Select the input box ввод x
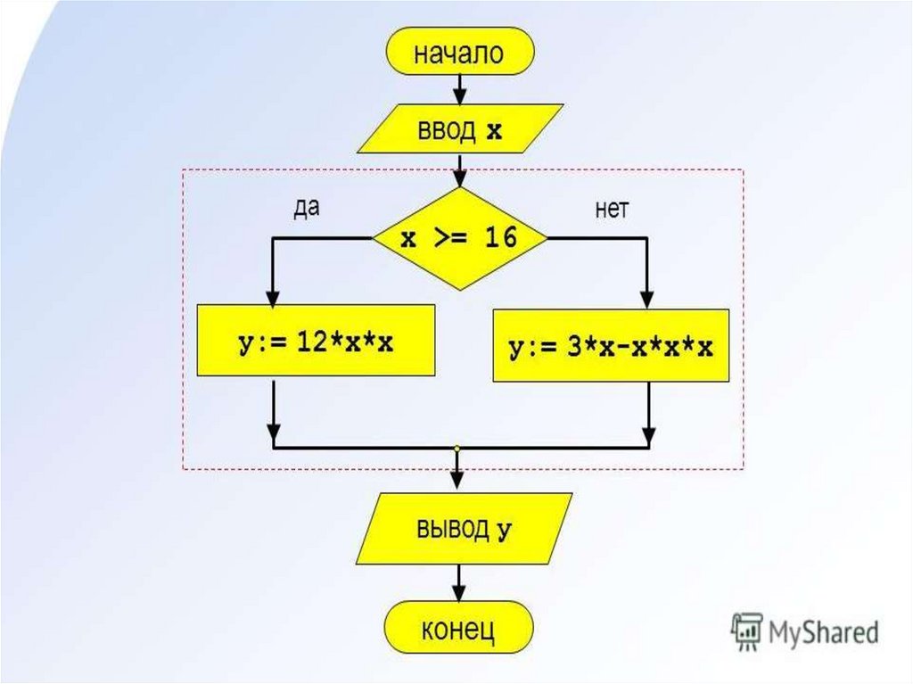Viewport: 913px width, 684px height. click(459, 130)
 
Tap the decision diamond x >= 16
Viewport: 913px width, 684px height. click(459, 239)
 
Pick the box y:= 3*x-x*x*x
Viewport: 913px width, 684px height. click(611, 347)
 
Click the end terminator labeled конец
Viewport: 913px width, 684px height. click(459, 630)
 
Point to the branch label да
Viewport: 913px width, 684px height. click(306, 208)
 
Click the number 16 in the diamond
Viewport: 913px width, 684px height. click(501, 239)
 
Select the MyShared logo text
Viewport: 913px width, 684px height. click(824, 631)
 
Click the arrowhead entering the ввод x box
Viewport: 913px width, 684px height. click(459, 96)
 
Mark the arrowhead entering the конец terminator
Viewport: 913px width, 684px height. click(459, 594)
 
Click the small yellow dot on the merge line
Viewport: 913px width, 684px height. click(456, 448)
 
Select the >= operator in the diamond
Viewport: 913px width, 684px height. click(448, 239)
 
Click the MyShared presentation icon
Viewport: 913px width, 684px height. click(744, 630)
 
